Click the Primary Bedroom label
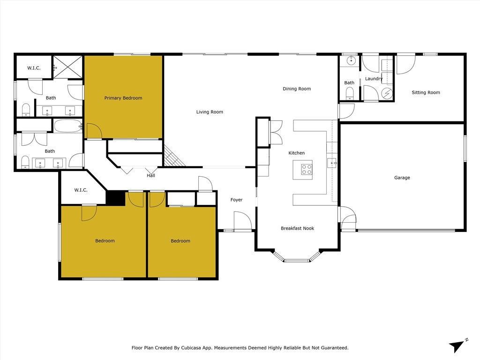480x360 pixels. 123,98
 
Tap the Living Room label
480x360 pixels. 210,112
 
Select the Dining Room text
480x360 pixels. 297,89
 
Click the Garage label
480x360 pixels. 402,178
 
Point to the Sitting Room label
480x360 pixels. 426,92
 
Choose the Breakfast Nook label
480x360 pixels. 297,228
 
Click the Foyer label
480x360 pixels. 236,200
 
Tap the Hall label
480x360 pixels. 150,176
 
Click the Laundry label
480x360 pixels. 374,79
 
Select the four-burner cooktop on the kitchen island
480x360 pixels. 307,169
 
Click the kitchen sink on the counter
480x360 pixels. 331,163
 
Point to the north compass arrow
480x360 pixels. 458,345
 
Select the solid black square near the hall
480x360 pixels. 115,198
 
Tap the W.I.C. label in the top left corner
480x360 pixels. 34,68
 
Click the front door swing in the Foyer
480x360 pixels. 242,221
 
